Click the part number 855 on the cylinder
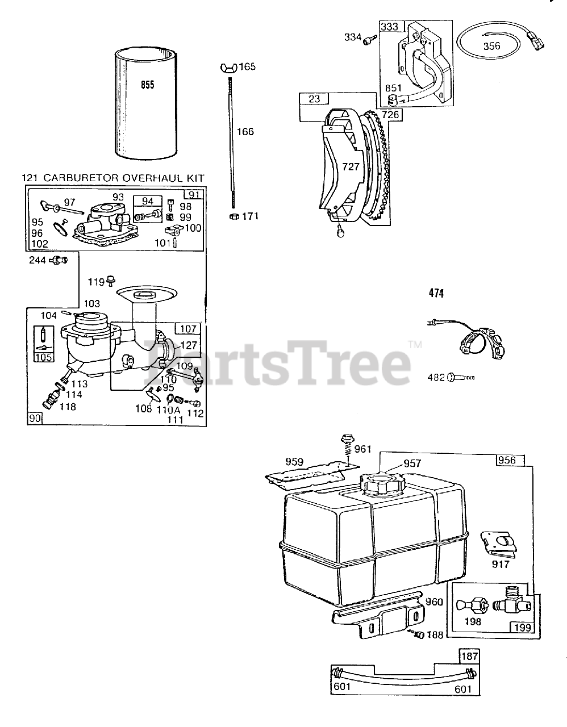(x=147, y=85)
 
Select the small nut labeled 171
(x=233, y=216)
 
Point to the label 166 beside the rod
(x=245, y=132)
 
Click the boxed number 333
(x=390, y=26)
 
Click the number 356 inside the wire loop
(x=491, y=46)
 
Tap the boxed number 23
(x=314, y=99)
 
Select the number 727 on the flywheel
(x=350, y=166)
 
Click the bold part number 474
(x=436, y=293)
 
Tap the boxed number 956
(x=506, y=460)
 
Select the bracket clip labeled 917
(x=499, y=542)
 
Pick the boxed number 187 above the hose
(x=469, y=657)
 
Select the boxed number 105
(x=43, y=357)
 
